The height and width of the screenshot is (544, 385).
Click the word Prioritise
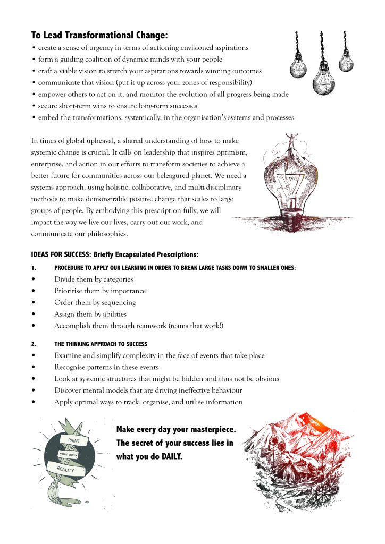(71, 291)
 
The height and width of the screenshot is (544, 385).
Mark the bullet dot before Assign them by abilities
(34, 314)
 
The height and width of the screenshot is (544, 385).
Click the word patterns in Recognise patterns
(103, 367)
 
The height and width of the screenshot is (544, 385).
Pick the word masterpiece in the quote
(206, 429)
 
